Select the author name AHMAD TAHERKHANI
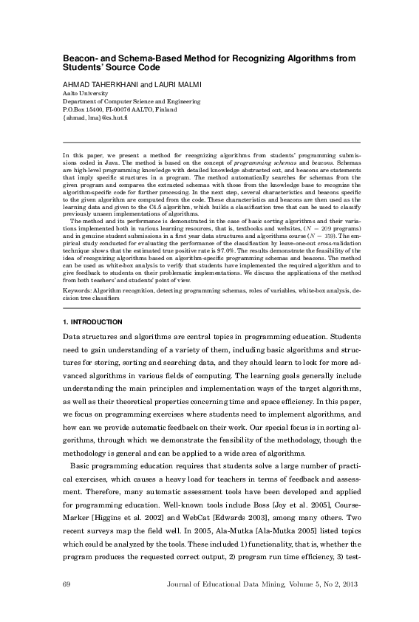(x=90, y=85)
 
